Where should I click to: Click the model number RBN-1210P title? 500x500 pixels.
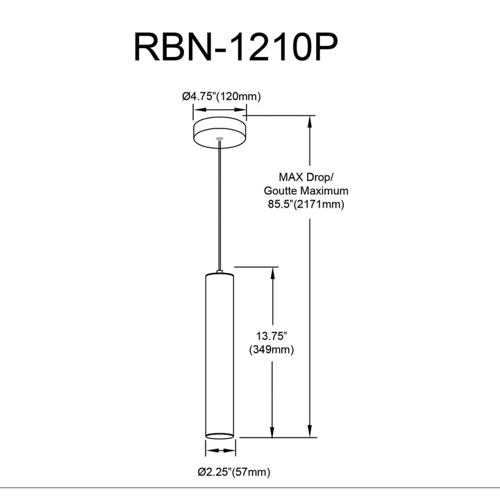click(235, 47)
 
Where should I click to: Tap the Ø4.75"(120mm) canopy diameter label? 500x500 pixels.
click(222, 97)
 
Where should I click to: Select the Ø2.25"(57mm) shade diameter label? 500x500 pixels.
click(234, 472)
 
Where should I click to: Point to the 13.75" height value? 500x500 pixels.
click(272, 336)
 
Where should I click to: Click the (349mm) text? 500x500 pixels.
click(272, 350)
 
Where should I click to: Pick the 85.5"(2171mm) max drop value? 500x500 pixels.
click(306, 204)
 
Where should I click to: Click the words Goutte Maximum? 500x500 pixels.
click(306, 191)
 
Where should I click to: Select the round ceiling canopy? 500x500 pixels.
click(219, 133)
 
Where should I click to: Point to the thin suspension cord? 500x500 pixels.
click(219, 206)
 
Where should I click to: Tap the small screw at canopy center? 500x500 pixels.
click(219, 139)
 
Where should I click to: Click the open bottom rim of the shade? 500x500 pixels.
click(219, 435)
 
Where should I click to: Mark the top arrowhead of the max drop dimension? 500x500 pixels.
click(309, 122)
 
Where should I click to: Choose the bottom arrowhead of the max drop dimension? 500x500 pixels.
click(309, 431)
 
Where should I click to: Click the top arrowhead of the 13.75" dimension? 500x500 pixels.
click(273, 274)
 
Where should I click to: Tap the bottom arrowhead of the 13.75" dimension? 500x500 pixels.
click(272, 431)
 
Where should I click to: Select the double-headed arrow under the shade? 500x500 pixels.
click(221, 451)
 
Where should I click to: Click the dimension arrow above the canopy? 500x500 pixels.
click(219, 110)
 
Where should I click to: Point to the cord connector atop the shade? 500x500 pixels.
click(219, 272)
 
